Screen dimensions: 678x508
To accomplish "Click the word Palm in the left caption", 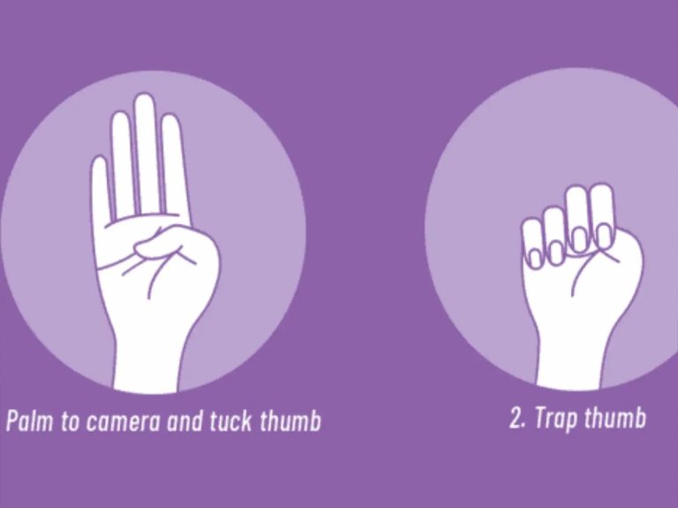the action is click(x=30, y=421).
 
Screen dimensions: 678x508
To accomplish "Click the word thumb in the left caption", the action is click(x=290, y=421).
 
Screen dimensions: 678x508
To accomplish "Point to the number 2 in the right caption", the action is click(x=516, y=417).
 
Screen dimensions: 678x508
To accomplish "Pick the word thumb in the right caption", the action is click(x=615, y=417).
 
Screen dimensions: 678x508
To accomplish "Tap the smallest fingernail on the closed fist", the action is click(x=535, y=258).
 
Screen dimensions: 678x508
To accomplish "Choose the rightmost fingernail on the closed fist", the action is click(x=604, y=236).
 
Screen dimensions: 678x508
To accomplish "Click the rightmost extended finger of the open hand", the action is click(x=175, y=164).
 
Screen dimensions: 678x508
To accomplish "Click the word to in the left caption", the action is click(x=70, y=422).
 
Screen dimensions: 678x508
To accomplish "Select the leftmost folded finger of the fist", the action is click(x=532, y=243).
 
